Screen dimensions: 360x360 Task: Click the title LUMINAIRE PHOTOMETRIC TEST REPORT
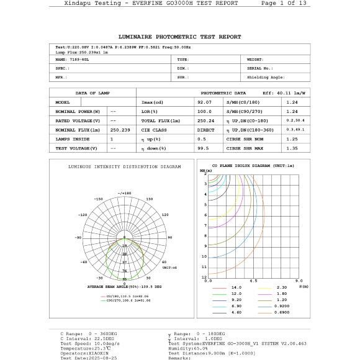click(179, 37)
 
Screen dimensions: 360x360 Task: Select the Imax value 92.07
click(204, 102)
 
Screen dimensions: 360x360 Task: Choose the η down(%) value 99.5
click(202, 148)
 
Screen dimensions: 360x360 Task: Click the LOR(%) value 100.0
click(204, 111)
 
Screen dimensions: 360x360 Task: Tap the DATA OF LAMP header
click(92, 92)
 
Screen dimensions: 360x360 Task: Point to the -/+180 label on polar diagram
click(124, 193)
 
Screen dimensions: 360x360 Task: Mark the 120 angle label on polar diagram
click(164, 214)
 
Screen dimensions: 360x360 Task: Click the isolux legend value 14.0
click(236, 288)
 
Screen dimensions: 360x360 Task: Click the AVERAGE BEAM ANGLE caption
click(124, 287)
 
